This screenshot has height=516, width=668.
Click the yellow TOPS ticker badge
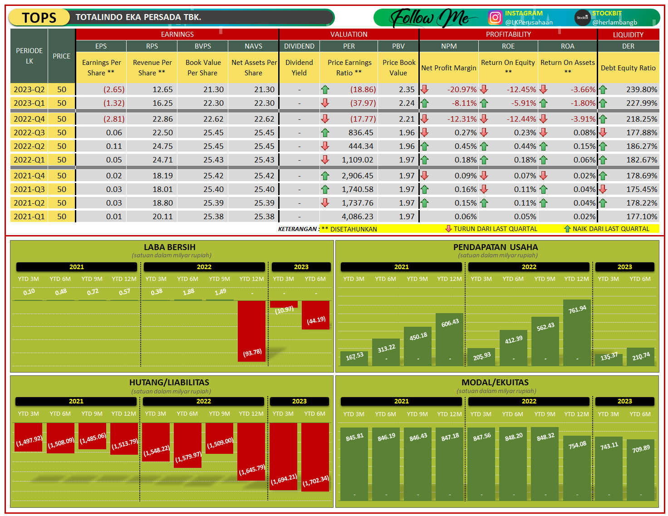[39, 18]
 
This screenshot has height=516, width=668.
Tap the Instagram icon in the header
[495, 18]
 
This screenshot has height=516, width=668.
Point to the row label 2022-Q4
[29, 119]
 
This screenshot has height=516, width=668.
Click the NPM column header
[449, 46]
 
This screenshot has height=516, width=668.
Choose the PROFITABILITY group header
[508, 34]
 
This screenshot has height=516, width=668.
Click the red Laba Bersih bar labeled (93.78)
[251, 331]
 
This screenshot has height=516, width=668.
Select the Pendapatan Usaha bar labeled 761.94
[577, 331]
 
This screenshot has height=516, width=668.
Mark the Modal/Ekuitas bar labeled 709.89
[641, 470]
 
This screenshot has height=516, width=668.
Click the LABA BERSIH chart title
[170, 247]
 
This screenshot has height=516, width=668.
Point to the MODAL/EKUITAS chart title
[495, 383]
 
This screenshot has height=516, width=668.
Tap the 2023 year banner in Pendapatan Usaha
[624, 267]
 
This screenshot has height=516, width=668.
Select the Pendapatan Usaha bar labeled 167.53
[354, 359]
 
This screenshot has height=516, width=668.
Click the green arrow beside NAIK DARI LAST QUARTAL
[567, 229]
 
